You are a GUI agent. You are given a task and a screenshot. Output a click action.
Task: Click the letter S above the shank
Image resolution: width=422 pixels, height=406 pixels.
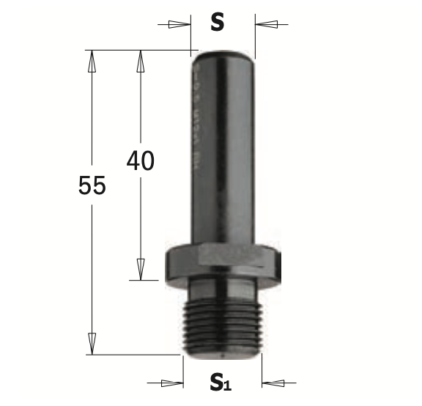click(217, 23)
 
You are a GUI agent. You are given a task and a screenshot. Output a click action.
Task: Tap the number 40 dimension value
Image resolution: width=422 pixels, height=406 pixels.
click(140, 160)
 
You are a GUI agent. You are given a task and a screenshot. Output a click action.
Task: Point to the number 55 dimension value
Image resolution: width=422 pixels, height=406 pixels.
click(92, 186)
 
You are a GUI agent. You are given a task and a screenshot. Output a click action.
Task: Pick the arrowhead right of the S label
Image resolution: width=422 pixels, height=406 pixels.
click(266, 24)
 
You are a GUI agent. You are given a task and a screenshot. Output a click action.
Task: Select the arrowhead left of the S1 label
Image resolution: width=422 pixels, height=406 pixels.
click(172, 382)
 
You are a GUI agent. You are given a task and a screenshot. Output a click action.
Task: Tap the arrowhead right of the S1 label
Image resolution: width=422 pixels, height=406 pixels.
click(273, 382)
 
